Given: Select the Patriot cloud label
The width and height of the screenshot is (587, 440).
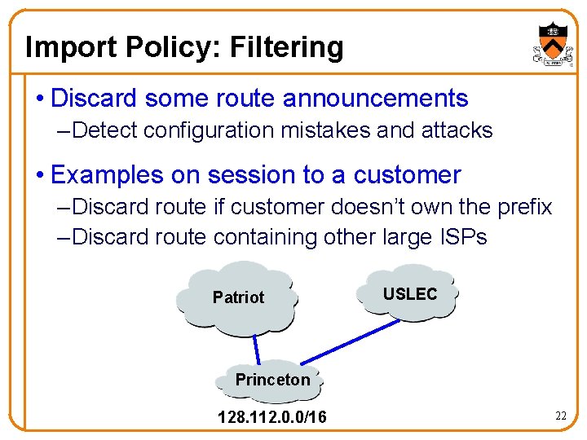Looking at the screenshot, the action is [238, 297].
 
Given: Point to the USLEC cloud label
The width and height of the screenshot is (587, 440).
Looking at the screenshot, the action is [410, 294].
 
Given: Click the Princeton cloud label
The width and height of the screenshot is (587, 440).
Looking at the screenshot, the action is [272, 380].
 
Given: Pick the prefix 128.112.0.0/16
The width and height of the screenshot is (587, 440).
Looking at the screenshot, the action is [272, 418].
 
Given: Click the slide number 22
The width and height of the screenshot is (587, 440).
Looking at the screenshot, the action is [560, 416].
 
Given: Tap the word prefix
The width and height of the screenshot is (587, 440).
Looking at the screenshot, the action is [522, 207].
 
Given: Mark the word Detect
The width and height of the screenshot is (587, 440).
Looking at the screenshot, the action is [111, 130].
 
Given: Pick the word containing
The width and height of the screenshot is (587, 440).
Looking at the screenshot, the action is [263, 237].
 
